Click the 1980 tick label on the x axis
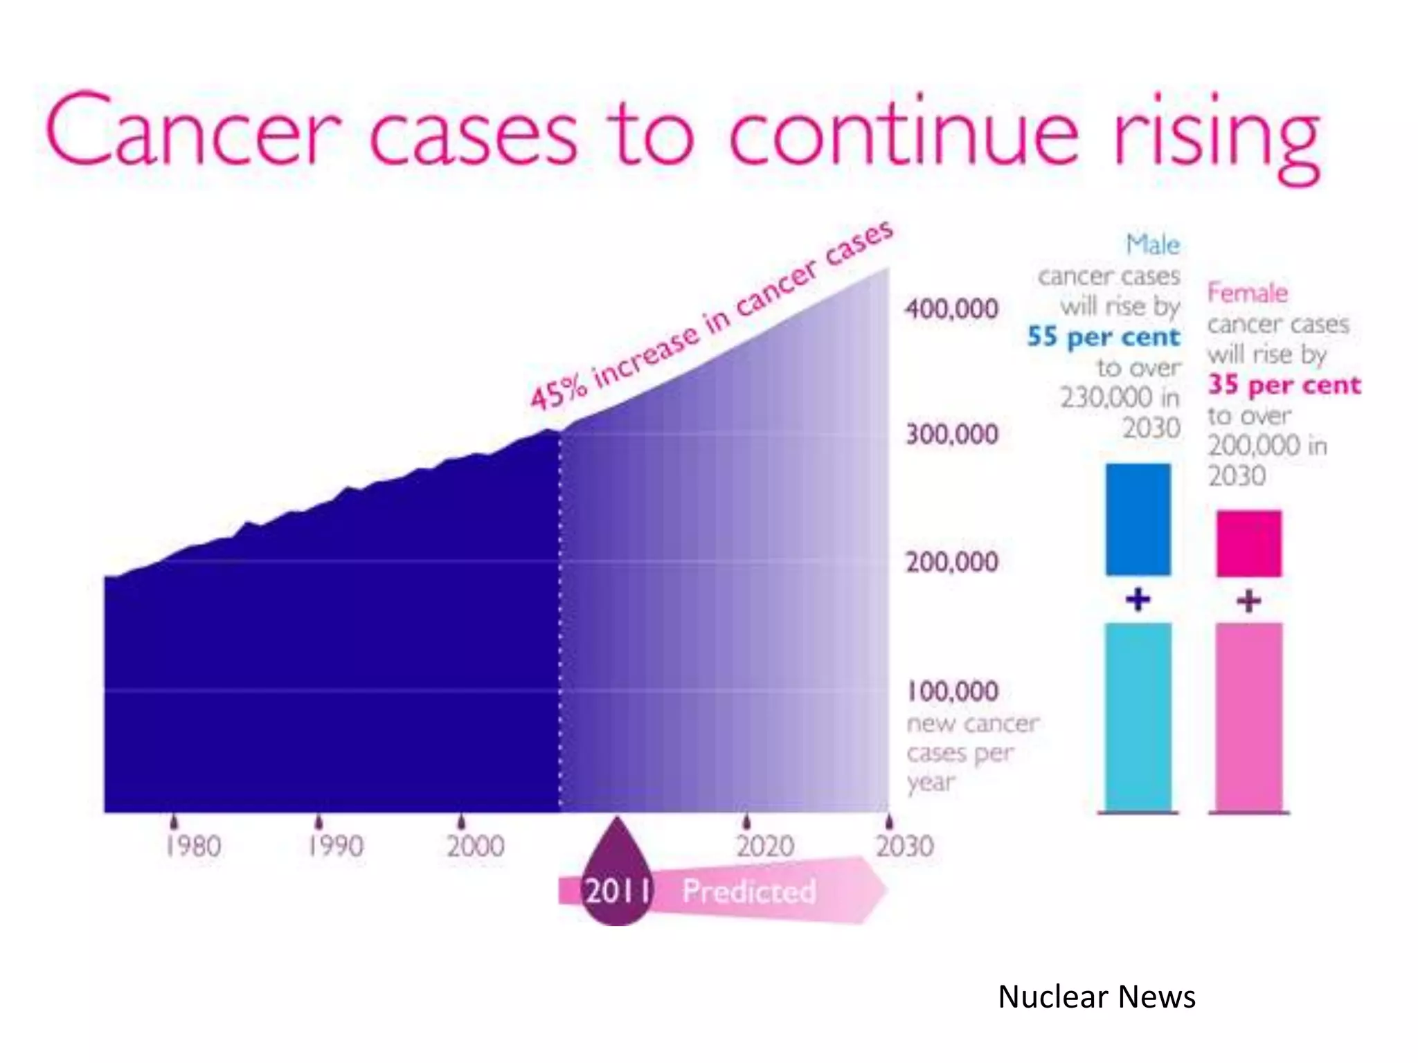click(x=193, y=846)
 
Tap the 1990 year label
click(x=336, y=846)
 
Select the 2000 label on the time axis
click(x=476, y=846)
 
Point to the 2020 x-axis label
click(x=764, y=846)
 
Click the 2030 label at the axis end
click(x=904, y=846)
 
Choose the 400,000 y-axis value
click(x=952, y=309)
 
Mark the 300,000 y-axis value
click(x=952, y=435)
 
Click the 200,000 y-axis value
click(x=952, y=561)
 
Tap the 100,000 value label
click(x=952, y=691)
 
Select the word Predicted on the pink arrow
click(x=749, y=891)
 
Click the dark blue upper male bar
click(x=1138, y=519)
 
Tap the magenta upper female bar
click(x=1248, y=543)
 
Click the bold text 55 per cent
click(x=1103, y=337)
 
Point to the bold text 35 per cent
click(x=1284, y=385)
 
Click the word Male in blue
click(x=1153, y=244)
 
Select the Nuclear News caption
click(x=1096, y=997)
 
